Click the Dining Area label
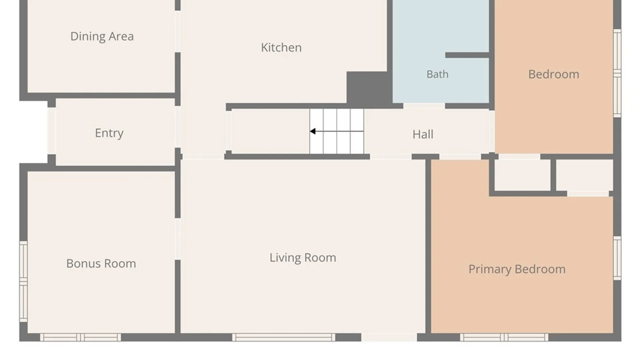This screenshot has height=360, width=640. tap(102, 36)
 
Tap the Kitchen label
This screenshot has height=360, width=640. tap(281, 47)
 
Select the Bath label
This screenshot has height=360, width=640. tap(437, 74)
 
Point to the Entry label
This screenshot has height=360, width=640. tap(109, 133)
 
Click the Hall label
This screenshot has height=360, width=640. tap(423, 134)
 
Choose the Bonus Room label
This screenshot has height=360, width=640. tap(101, 264)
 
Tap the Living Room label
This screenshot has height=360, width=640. tap(303, 258)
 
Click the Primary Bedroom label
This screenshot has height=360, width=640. tap(517, 269)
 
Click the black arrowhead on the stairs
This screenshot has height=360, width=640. tap(313, 131)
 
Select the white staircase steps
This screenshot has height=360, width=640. tap(337, 131)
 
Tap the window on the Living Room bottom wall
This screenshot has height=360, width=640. tap(284, 337)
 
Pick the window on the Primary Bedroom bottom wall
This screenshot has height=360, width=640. tap(504, 337)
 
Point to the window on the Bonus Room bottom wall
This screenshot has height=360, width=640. tap(80, 337)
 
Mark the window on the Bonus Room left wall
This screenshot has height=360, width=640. tap(23, 282)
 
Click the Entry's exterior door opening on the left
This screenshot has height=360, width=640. tap(51, 131)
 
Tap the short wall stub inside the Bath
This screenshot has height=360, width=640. tap(467, 55)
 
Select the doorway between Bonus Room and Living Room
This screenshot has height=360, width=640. tap(178, 239)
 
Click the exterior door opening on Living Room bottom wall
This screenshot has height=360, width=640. tap(389, 337)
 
